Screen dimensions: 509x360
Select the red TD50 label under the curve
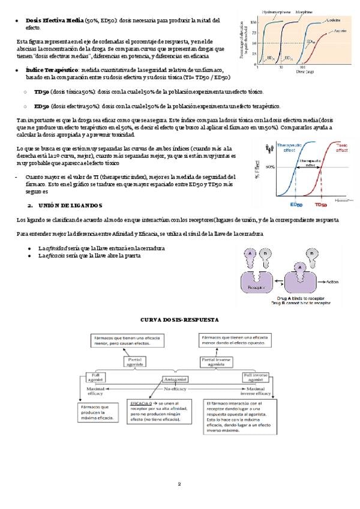pyautogui.click(x=320, y=204)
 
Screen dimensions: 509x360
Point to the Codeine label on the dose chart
pyautogui.click(x=334, y=20)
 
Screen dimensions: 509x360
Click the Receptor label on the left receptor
pyautogui.click(x=256, y=288)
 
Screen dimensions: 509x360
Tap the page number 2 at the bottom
pyautogui.click(x=179, y=484)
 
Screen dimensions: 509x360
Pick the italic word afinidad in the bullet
pyautogui.click(x=59, y=248)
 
